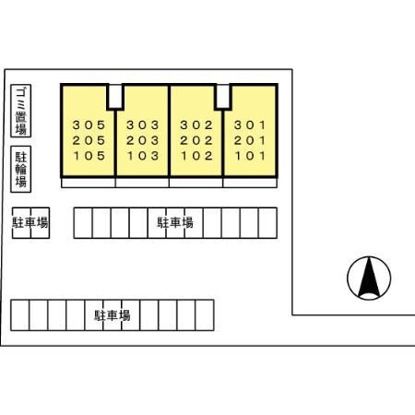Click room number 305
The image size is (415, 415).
[89, 125]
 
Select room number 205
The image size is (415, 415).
[89, 140]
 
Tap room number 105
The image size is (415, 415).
[89, 156]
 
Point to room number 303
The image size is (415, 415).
[143, 125]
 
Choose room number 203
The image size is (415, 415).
[143, 140]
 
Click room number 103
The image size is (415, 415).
[143, 156]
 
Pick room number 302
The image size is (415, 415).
[196, 125]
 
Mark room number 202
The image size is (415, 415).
[196, 140]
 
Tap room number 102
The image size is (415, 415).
[196, 156]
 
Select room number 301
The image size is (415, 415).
[250, 125]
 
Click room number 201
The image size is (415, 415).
[250, 140]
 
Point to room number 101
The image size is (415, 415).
[250, 156]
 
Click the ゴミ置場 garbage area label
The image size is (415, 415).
[21, 111]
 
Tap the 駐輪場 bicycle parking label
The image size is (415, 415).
[21, 169]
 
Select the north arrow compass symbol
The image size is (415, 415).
[369, 278]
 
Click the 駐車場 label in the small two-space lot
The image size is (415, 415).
[30, 222]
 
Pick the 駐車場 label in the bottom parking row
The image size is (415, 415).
[113, 315]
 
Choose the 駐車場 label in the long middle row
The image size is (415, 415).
[175, 222]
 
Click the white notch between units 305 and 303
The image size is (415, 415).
[115, 96]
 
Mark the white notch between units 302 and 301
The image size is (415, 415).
[223, 96]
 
